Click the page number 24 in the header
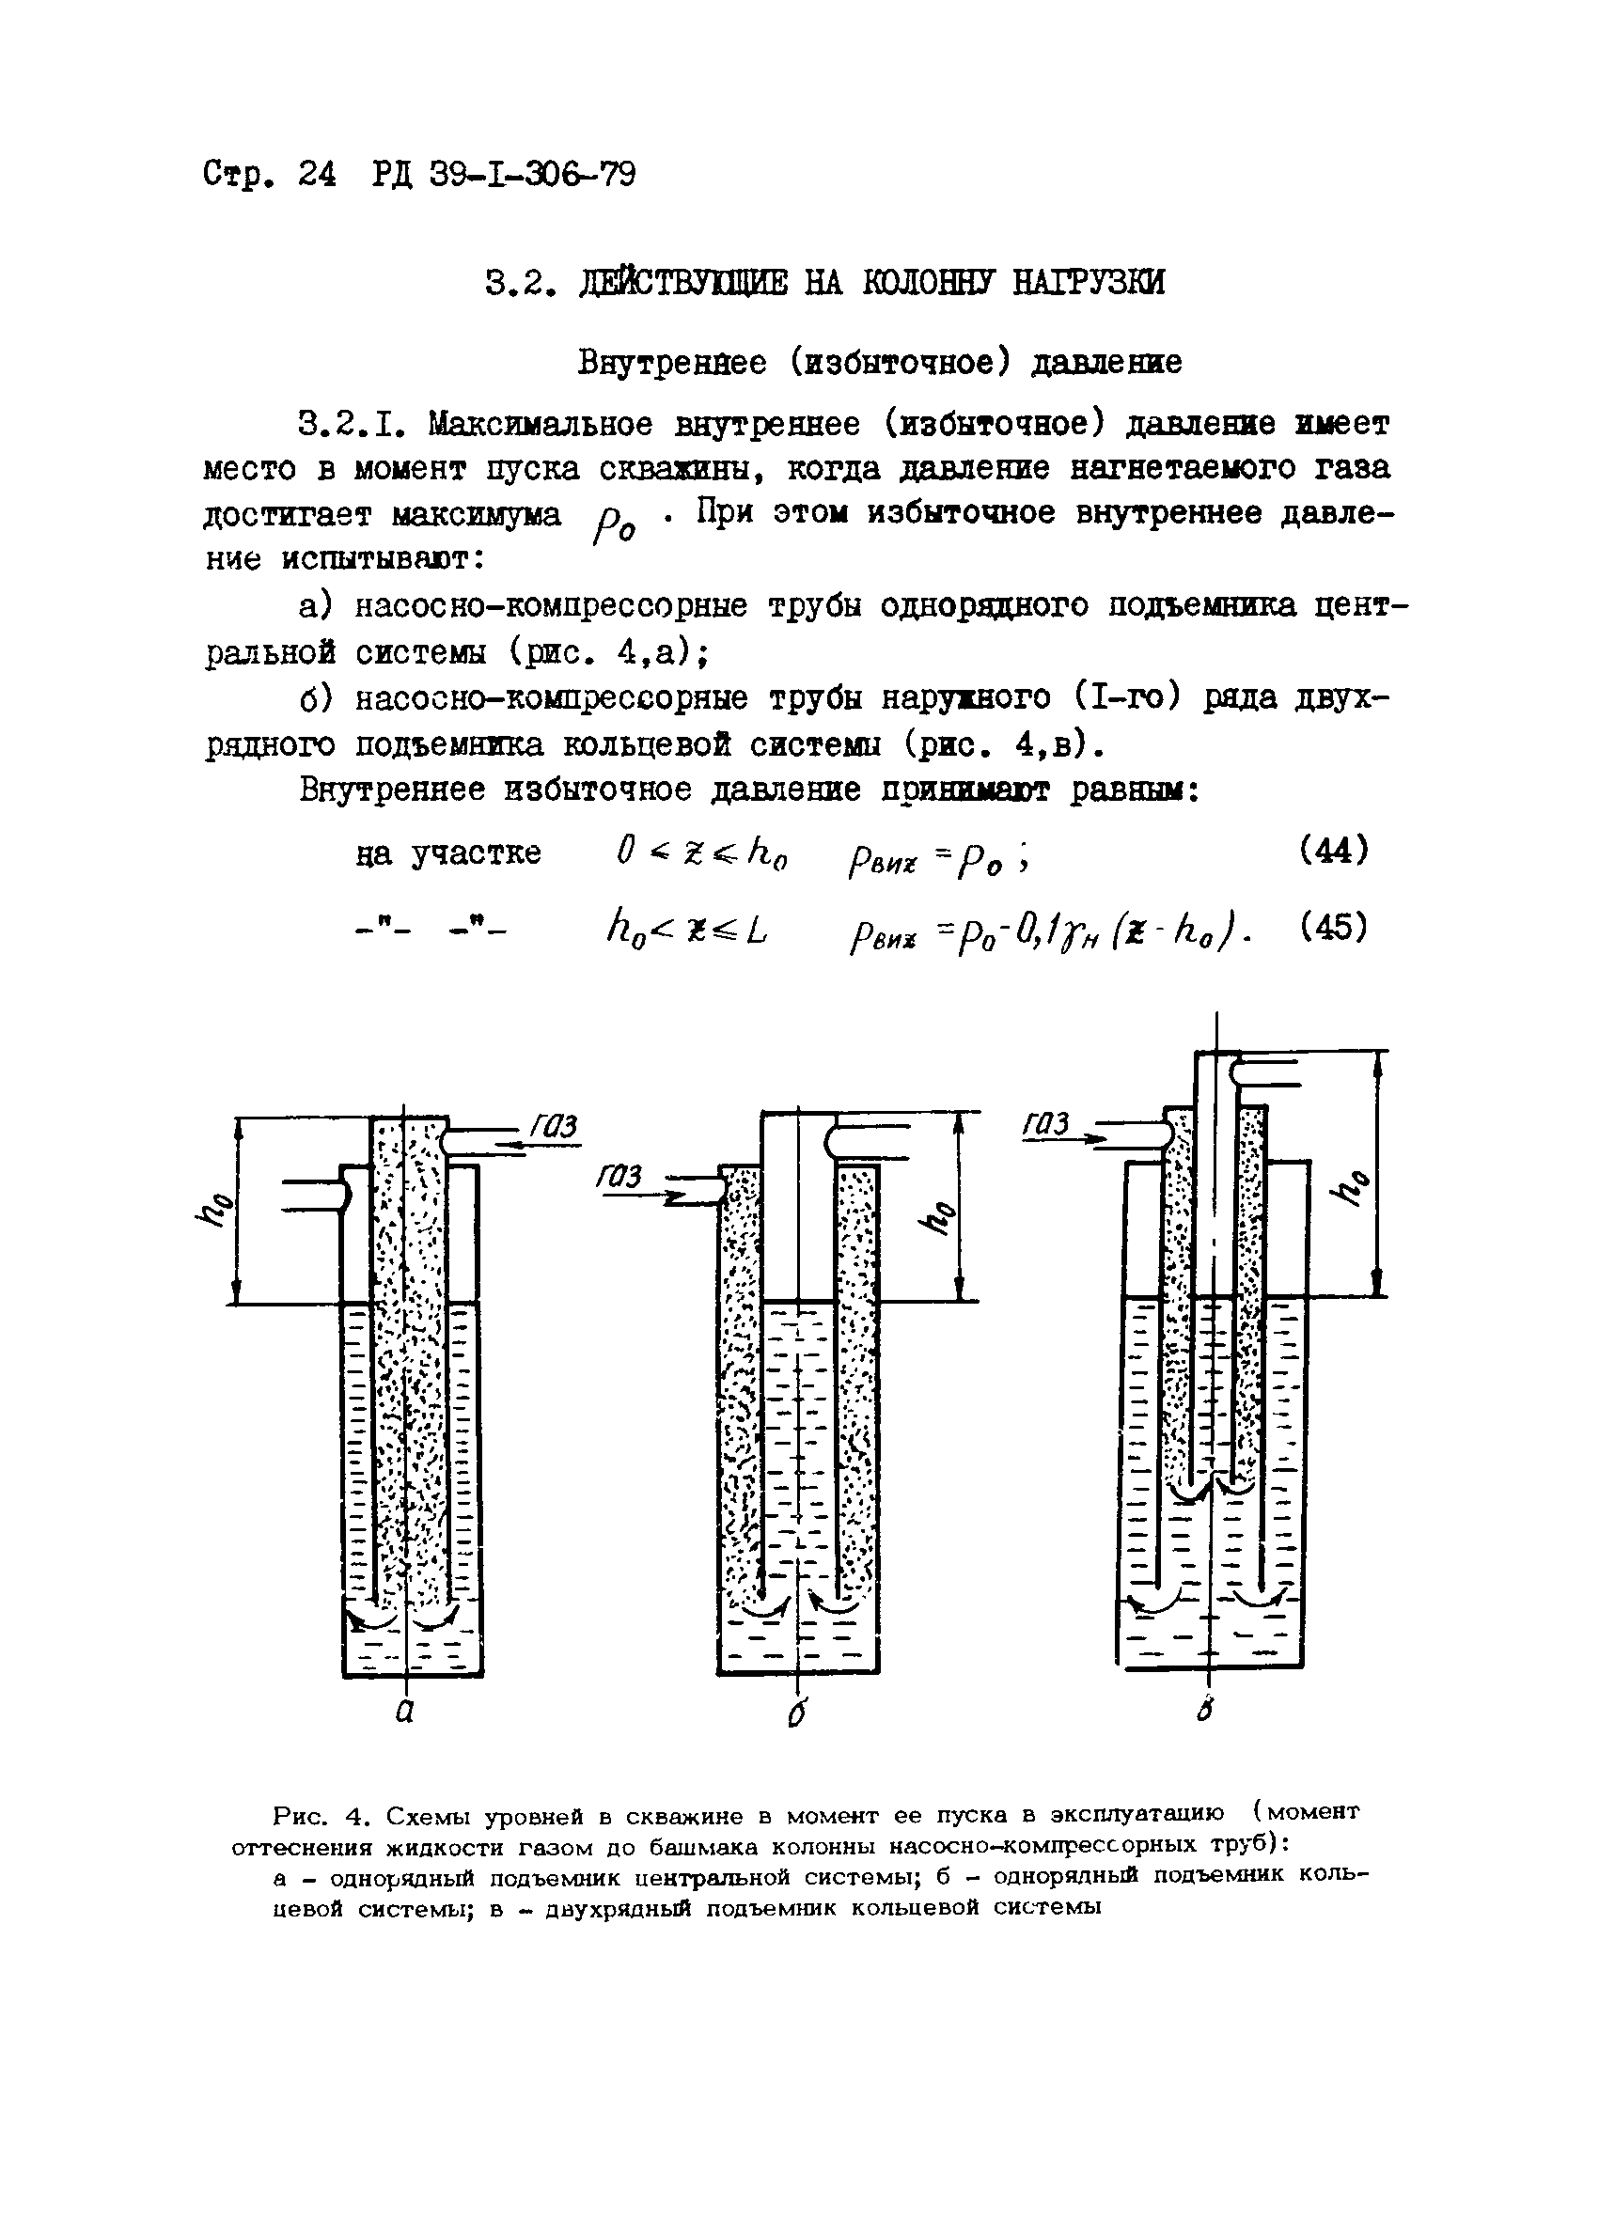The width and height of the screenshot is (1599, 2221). click(x=317, y=174)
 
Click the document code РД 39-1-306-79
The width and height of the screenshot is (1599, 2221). click(x=503, y=174)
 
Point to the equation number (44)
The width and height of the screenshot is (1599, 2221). click(x=1333, y=849)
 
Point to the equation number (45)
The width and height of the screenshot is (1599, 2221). click(x=1333, y=925)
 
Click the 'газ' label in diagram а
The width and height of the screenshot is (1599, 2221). click(x=555, y=1127)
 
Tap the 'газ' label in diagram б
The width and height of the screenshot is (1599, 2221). click(x=619, y=1176)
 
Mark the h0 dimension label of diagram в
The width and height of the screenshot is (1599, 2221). click(x=1354, y=1189)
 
